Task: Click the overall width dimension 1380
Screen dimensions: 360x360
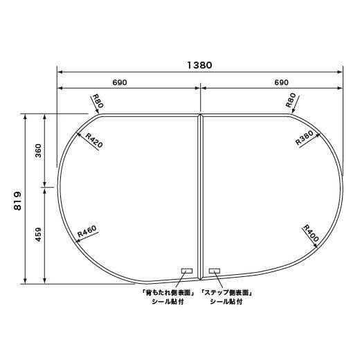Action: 199,65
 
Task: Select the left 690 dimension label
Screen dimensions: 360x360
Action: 120,82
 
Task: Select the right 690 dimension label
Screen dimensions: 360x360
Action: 282,82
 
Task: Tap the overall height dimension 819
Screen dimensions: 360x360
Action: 17,201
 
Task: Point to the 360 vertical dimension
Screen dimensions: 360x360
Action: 38,151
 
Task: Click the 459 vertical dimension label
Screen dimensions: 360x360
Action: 38,235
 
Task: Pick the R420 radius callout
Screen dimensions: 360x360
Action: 93,141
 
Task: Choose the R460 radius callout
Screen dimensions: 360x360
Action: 87,231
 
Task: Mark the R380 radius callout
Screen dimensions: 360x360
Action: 305,138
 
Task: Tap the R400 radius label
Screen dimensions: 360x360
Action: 311,233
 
